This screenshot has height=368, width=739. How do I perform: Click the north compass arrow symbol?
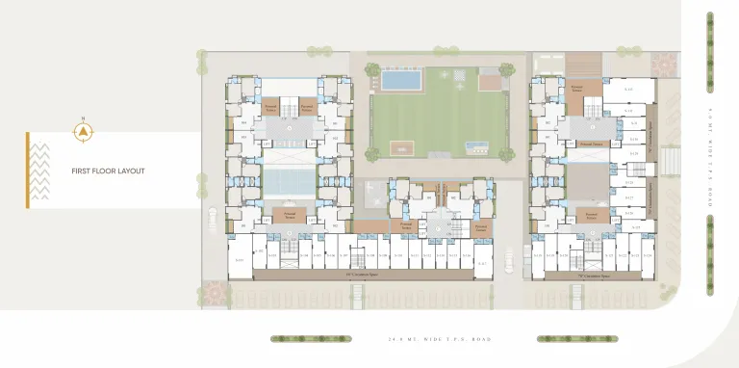(84, 130)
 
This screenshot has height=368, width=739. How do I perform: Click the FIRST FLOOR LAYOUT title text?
(108, 171)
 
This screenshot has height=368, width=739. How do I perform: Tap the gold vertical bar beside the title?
(28, 171)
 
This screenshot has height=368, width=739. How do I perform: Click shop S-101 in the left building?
(239, 260)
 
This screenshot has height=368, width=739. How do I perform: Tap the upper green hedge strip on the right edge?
(710, 38)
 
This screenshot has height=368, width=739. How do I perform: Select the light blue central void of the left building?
(289, 181)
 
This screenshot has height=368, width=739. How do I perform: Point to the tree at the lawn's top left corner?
(372, 69)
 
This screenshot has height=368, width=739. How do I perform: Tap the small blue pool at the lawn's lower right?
(475, 146)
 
